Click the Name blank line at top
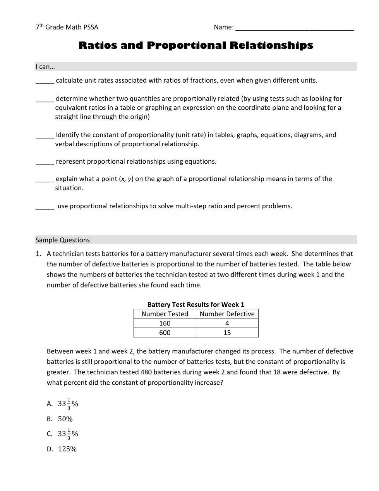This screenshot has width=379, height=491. pos(294,28)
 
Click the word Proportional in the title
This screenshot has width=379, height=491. pos(186,46)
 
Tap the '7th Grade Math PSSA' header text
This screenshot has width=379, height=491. pos(67,27)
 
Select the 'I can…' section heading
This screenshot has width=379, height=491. pos(45,67)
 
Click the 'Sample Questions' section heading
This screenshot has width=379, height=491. pos(63,240)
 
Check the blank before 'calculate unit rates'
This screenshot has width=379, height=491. pos(45,81)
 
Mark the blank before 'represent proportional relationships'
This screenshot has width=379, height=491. pos(45,163)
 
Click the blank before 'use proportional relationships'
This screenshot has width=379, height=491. pos(45,207)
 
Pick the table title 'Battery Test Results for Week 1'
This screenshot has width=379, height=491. pos(196,304)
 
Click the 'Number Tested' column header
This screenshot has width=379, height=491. pos(165,314)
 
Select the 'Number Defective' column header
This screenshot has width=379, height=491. pos(227,314)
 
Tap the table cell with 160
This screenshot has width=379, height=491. pos(165,323)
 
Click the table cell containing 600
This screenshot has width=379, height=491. pos(165,333)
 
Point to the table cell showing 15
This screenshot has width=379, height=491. pos(227,333)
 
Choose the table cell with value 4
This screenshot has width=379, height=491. pos(227,323)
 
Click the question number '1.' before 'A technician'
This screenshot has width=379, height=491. pos(38,254)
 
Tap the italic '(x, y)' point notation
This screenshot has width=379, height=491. pos(126,179)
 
